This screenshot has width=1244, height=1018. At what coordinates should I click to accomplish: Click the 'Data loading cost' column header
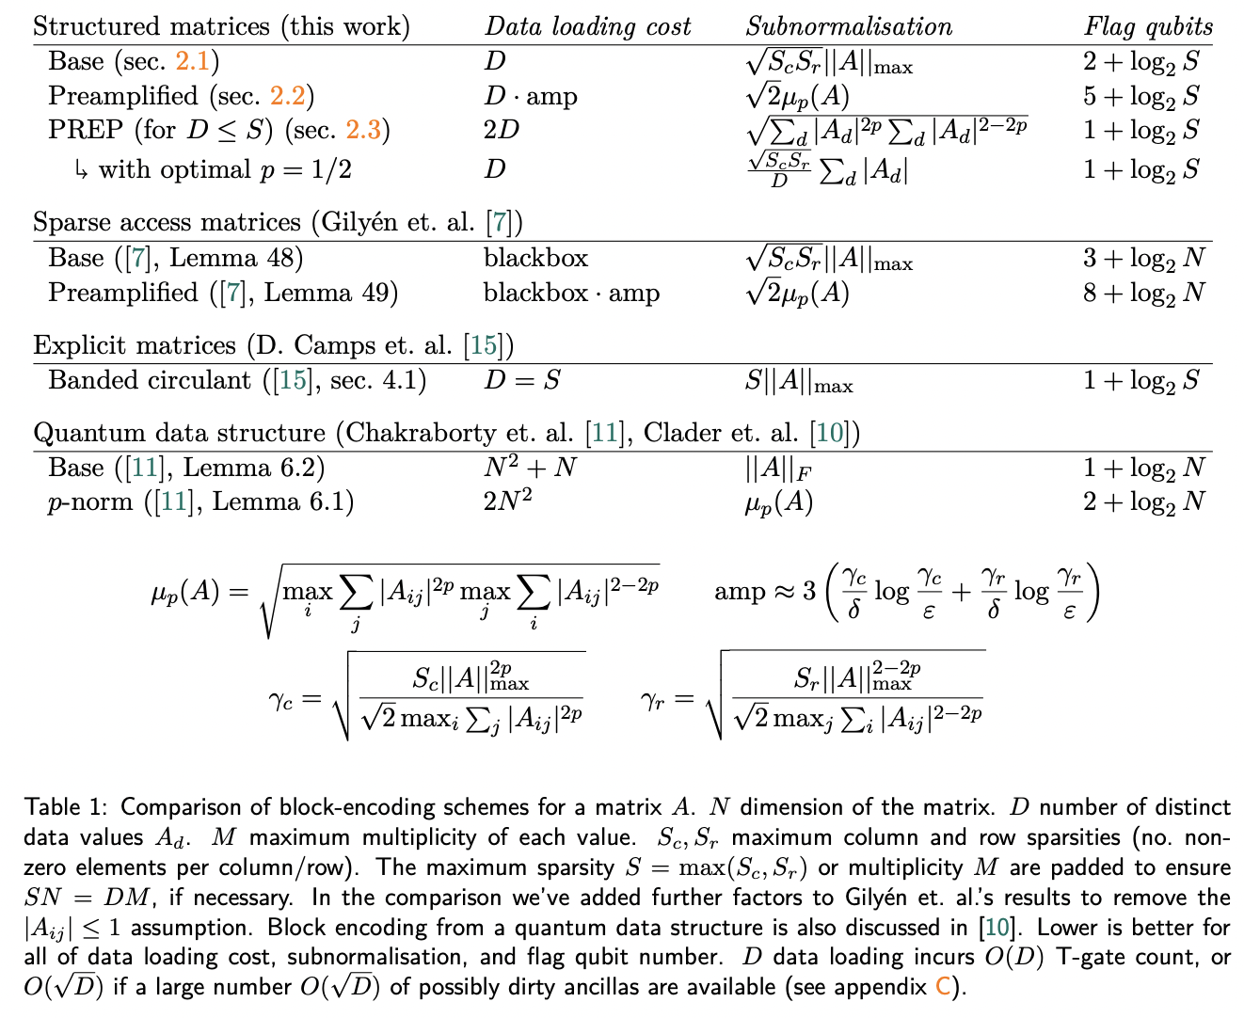587,26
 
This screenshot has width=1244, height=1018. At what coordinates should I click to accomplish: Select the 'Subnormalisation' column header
848,26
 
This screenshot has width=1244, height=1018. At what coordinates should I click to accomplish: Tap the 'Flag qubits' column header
1148,26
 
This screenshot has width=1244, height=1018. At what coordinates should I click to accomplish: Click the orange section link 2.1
193,62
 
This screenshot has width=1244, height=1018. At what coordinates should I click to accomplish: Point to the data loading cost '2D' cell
501,130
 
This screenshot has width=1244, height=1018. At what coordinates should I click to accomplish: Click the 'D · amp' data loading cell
531,96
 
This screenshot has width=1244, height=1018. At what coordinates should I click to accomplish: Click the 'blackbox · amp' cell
571,294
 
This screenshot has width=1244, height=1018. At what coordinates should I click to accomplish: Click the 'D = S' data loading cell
521,381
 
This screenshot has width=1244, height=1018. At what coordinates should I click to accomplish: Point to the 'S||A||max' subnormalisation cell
799,382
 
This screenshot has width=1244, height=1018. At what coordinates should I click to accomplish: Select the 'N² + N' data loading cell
530,467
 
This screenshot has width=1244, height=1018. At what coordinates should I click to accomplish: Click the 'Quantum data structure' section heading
179,433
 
